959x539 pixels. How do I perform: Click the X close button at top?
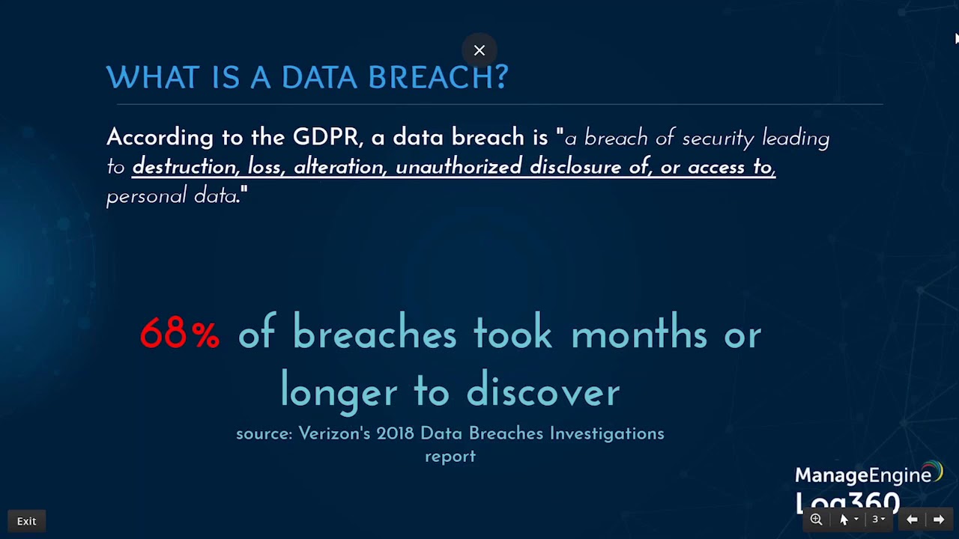[479, 50]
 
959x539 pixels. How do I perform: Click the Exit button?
[26, 521]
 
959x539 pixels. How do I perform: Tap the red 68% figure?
[180, 334]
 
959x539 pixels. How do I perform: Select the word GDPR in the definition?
[326, 138]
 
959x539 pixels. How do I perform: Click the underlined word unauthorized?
[459, 167]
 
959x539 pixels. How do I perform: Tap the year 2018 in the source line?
[395, 433]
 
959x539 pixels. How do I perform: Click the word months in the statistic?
[639, 334]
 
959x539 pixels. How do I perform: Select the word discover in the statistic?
[543, 392]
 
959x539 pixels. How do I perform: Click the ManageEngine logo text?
[863, 475]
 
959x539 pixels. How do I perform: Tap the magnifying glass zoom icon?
[816, 520]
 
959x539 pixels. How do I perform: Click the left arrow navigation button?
[912, 520]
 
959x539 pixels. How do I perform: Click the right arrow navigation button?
[939, 520]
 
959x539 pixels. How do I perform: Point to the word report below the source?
[450, 456]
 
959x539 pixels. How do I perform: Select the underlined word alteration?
[340, 167]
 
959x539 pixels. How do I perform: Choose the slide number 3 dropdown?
[878, 520]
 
